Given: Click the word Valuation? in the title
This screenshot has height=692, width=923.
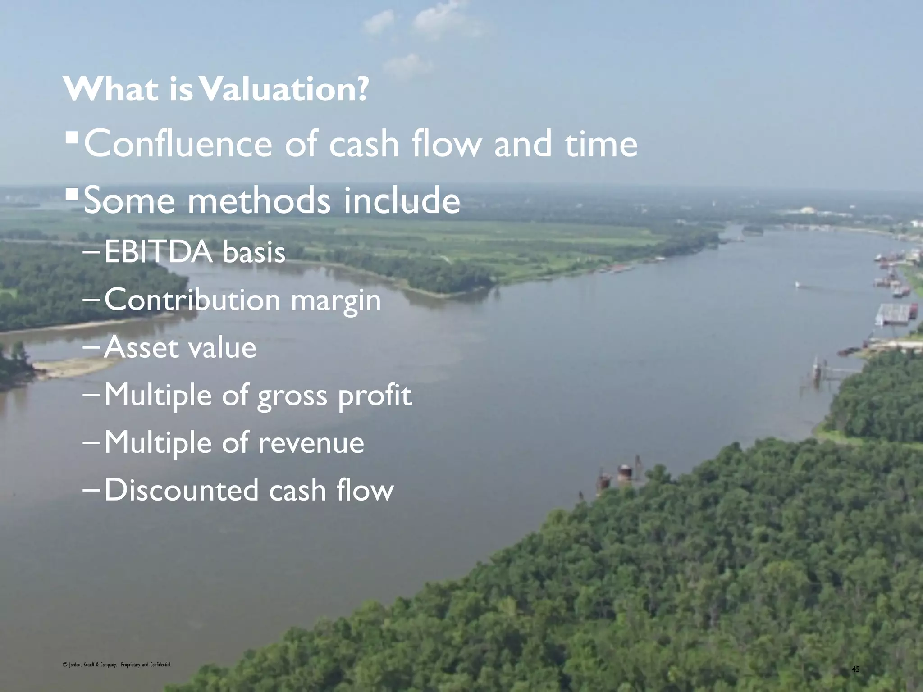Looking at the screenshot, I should pyautogui.click(x=284, y=90).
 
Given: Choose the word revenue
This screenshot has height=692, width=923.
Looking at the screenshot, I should pyautogui.click(x=311, y=442).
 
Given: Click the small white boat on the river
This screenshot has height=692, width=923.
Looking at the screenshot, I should pyautogui.click(x=797, y=284).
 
